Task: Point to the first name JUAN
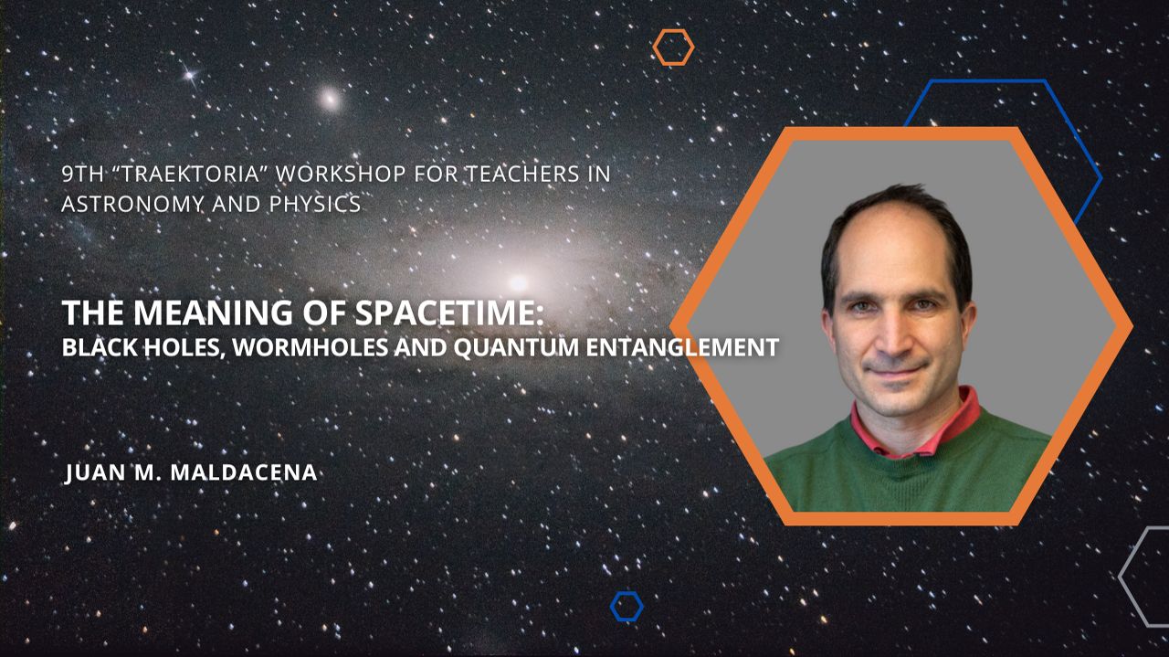click(94, 472)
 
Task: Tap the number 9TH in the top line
click(79, 174)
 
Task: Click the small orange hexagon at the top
click(673, 47)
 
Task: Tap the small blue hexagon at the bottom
click(627, 606)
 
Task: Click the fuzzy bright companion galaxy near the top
click(330, 99)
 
